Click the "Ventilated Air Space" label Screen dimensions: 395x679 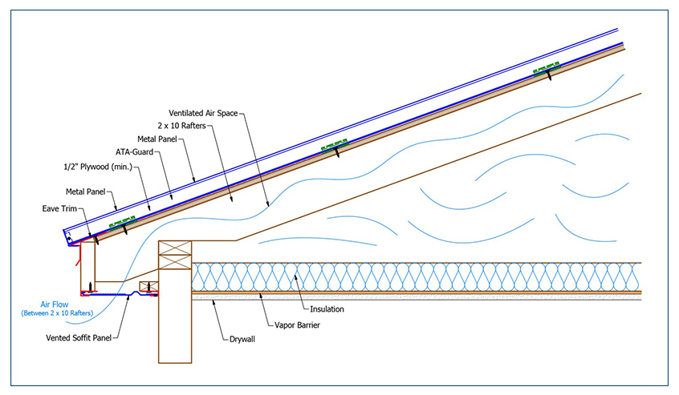[x=203, y=113]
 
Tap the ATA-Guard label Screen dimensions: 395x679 [x=133, y=152]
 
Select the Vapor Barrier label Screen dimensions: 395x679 [x=299, y=325]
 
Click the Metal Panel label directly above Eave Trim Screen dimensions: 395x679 [x=85, y=192]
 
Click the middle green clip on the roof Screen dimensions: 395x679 [x=335, y=145]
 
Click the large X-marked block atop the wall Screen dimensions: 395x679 [x=176, y=259]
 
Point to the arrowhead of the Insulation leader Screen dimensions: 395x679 [x=294, y=275]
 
